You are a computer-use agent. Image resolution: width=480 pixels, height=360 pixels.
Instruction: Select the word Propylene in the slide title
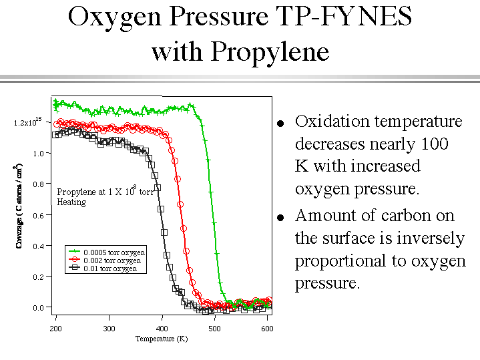[x=266, y=51]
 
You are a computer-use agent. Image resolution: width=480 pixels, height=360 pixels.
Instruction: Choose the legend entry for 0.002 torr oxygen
[x=112, y=260]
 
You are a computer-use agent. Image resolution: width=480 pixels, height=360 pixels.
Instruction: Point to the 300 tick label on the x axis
[x=109, y=329]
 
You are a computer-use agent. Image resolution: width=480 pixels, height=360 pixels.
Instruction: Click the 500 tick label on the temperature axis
[x=214, y=329]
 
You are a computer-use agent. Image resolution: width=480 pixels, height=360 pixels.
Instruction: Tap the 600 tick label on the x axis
[x=267, y=329]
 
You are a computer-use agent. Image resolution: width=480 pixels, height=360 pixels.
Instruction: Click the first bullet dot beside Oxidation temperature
[x=281, y=124]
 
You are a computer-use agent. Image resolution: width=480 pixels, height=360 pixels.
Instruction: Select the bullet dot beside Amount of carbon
[x=281, y=218]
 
